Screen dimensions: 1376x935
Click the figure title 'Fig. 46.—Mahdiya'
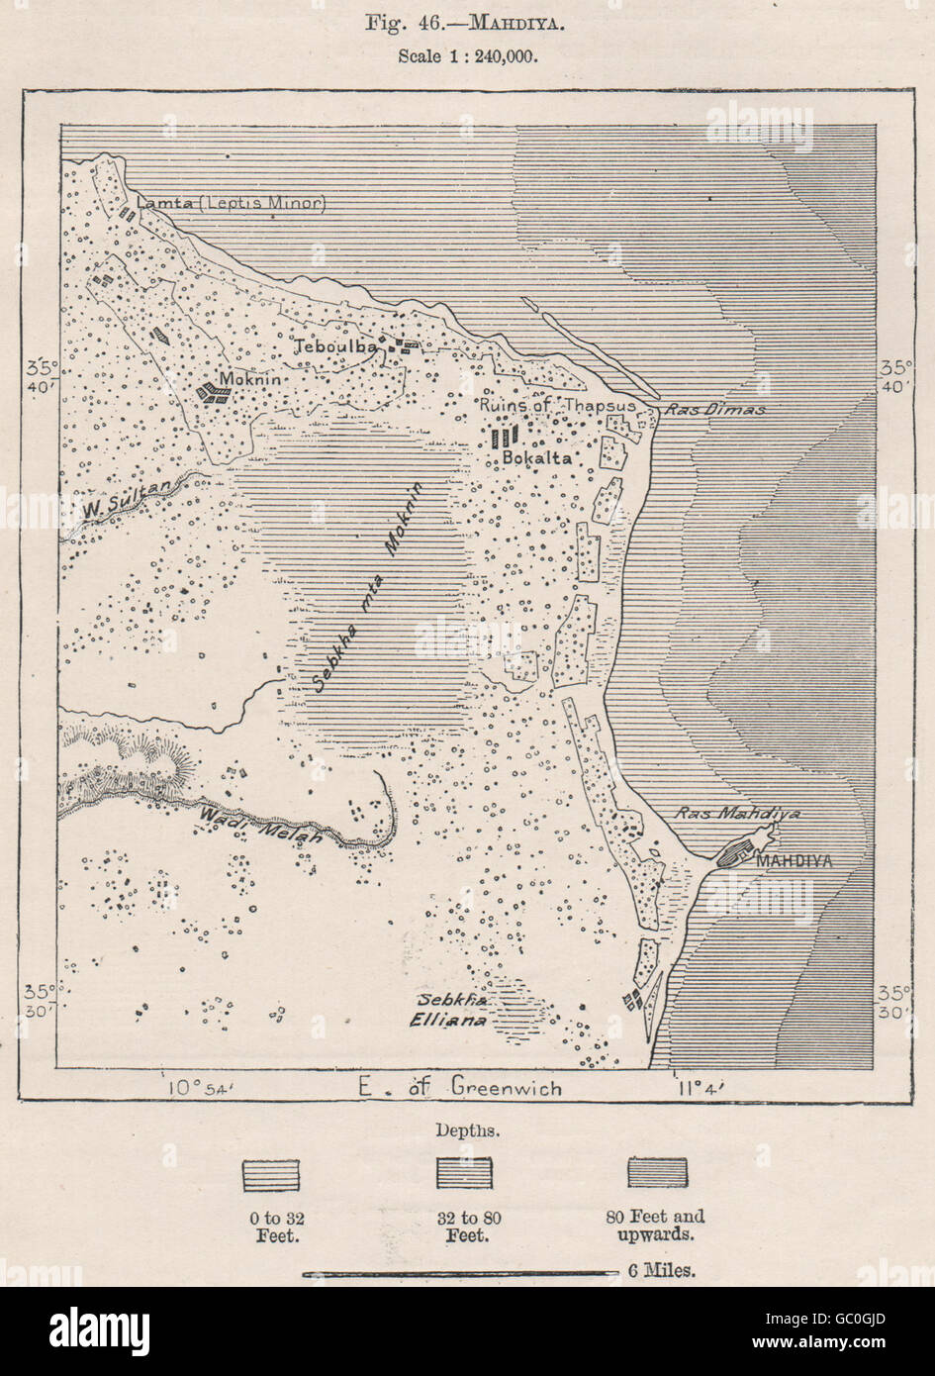coord(467,23)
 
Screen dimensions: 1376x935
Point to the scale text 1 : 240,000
coord(467,55)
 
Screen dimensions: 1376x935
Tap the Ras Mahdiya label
coord(736,814)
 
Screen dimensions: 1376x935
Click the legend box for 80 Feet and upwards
coord(657,1172)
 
